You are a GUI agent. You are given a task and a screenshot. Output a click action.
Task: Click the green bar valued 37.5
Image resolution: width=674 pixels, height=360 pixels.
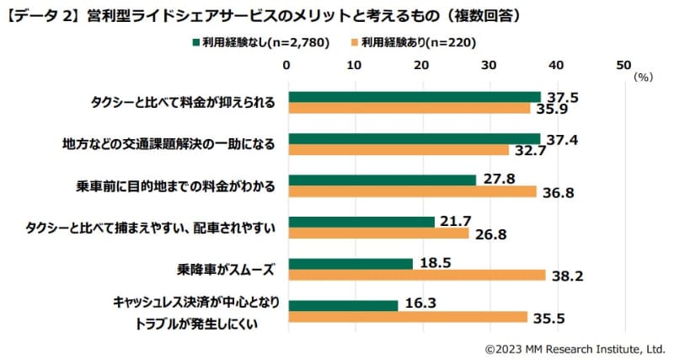coord(413,96)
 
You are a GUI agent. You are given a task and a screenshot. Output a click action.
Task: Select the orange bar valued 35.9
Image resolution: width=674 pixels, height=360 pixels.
coord(408,108)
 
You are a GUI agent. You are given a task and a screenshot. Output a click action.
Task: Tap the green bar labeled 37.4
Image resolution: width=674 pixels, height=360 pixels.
coord(413,138)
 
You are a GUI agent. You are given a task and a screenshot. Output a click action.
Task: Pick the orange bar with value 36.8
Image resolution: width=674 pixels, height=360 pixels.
coord(411,191)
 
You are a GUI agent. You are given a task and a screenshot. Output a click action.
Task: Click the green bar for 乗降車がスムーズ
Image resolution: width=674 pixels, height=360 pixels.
coord(350,263)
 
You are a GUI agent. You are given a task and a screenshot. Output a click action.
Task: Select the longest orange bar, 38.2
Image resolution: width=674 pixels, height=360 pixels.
coord(415,275)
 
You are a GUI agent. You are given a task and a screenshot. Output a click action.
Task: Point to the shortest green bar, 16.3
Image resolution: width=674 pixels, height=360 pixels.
coord(342,305)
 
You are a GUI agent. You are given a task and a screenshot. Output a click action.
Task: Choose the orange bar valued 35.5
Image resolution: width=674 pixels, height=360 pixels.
coord(406,317)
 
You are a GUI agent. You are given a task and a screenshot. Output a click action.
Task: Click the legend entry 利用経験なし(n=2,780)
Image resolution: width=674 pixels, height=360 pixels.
coord(260,42)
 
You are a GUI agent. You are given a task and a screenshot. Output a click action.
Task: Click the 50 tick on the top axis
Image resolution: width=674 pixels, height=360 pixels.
coord(623,64)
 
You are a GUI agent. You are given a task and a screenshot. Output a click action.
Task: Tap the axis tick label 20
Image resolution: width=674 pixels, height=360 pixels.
coord(421,64)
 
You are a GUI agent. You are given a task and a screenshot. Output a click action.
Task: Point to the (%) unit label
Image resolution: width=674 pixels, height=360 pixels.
coord(643,77)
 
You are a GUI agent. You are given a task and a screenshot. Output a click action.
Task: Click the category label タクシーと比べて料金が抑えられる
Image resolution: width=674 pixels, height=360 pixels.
coord(184,102)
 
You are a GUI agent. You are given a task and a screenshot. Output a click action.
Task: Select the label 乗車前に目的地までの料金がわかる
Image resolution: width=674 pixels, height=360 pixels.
coord(172,185)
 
